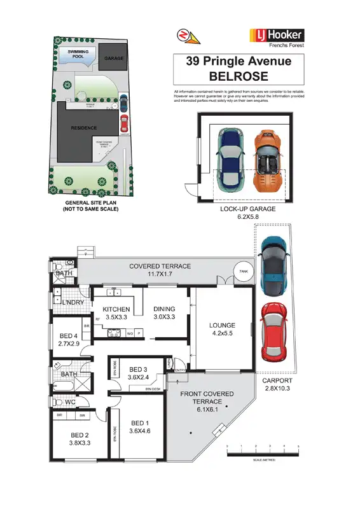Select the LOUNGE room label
[x=223, y=325]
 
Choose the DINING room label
[x=164, y=309]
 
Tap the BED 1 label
[x=141, y=423]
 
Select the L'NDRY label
[x=74, y=302]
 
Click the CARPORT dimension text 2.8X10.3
[x=278, y=389]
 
